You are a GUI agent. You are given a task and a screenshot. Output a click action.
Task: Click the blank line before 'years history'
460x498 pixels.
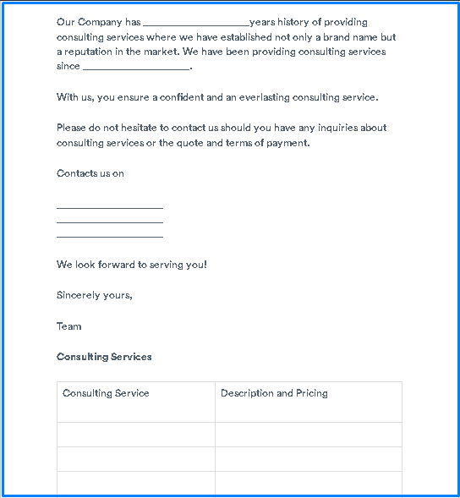pyautogui.click(x=196, y=24)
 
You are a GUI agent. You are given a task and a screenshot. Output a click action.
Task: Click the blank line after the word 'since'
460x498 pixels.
pyautogui.click(x=137, y=68)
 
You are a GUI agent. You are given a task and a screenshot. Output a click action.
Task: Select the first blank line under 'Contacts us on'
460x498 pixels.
pyautogui.click(x=109, y=206)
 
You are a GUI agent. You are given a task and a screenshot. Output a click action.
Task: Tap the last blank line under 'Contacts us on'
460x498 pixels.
pyautogui.click(x=109, y=237)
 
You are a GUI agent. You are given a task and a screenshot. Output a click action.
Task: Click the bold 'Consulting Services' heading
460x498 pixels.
pyautogui.click(x=104, y=357)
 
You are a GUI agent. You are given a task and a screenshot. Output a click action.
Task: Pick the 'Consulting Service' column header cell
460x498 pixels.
pyautogui.click(x=106, y=393)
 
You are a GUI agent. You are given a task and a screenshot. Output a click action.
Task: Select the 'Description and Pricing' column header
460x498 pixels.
pyautogui.click(x=274, y=393)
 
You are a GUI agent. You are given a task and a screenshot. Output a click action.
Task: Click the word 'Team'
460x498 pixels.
pyautogui.click(x=69, y=326)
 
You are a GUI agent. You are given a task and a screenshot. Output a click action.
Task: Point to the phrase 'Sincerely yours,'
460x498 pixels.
pyautogui.click(x=95, y=296)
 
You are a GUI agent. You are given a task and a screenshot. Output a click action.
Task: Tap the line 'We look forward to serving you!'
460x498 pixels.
pyautogui.click(x=132, y=265)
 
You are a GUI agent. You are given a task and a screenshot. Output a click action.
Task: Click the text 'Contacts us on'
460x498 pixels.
pyautogui.click(x=90, y=173)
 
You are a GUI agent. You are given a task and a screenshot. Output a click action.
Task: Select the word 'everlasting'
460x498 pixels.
pyautogui.click(x=265, y=97)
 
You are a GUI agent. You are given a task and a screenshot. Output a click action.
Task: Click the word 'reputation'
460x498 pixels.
pyautogui.click(x=89, y=52)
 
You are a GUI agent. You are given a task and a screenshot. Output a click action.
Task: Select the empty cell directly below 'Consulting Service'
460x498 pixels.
pyautogui.click(x=135, y=435)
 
